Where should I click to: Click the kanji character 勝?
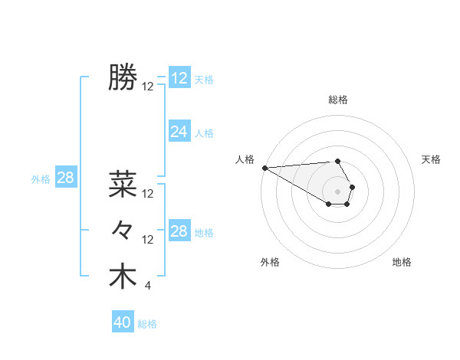pyautogui.click(x=123, y=77)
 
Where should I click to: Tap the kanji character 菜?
pyautogui.click(x=123, y=184)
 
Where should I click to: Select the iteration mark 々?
pyautogui.click(x=123, y=230)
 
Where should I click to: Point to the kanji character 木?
pyautogui.click(x=123, y=277)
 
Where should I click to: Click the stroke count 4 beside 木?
pyautogui.click(x=147, y=286)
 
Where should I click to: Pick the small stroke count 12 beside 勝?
pyautogui.click(x=148, y=87)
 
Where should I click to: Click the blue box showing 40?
pyautogui.click(x=123, y=322)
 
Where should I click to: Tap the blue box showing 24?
pyautogui.click(x=179, y=132)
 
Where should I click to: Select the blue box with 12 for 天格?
pyautogui.click(x=179, y=78)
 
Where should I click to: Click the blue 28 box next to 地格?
pyautogui.click(x=179, y=231)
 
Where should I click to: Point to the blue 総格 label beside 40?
pyautogui.click(x=148, y=324)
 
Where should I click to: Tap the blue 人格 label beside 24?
pyautogui.click(x=204, y=133)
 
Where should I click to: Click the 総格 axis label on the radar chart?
pyautogui.click(x=338, y=100)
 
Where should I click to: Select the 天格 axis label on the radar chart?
pyautogui.click(x=432, y=159)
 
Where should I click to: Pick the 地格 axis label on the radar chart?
pyautogui.click(x=402, y=262)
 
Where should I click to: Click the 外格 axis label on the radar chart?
pyautogui.click(x=270, y=262)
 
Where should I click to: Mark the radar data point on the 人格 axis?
pyautogui.click(x=264, y=168)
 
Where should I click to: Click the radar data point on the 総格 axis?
pyautogui.click(x=337, y=161)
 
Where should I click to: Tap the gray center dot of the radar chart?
pyautogui.click(x=338, y=191)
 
